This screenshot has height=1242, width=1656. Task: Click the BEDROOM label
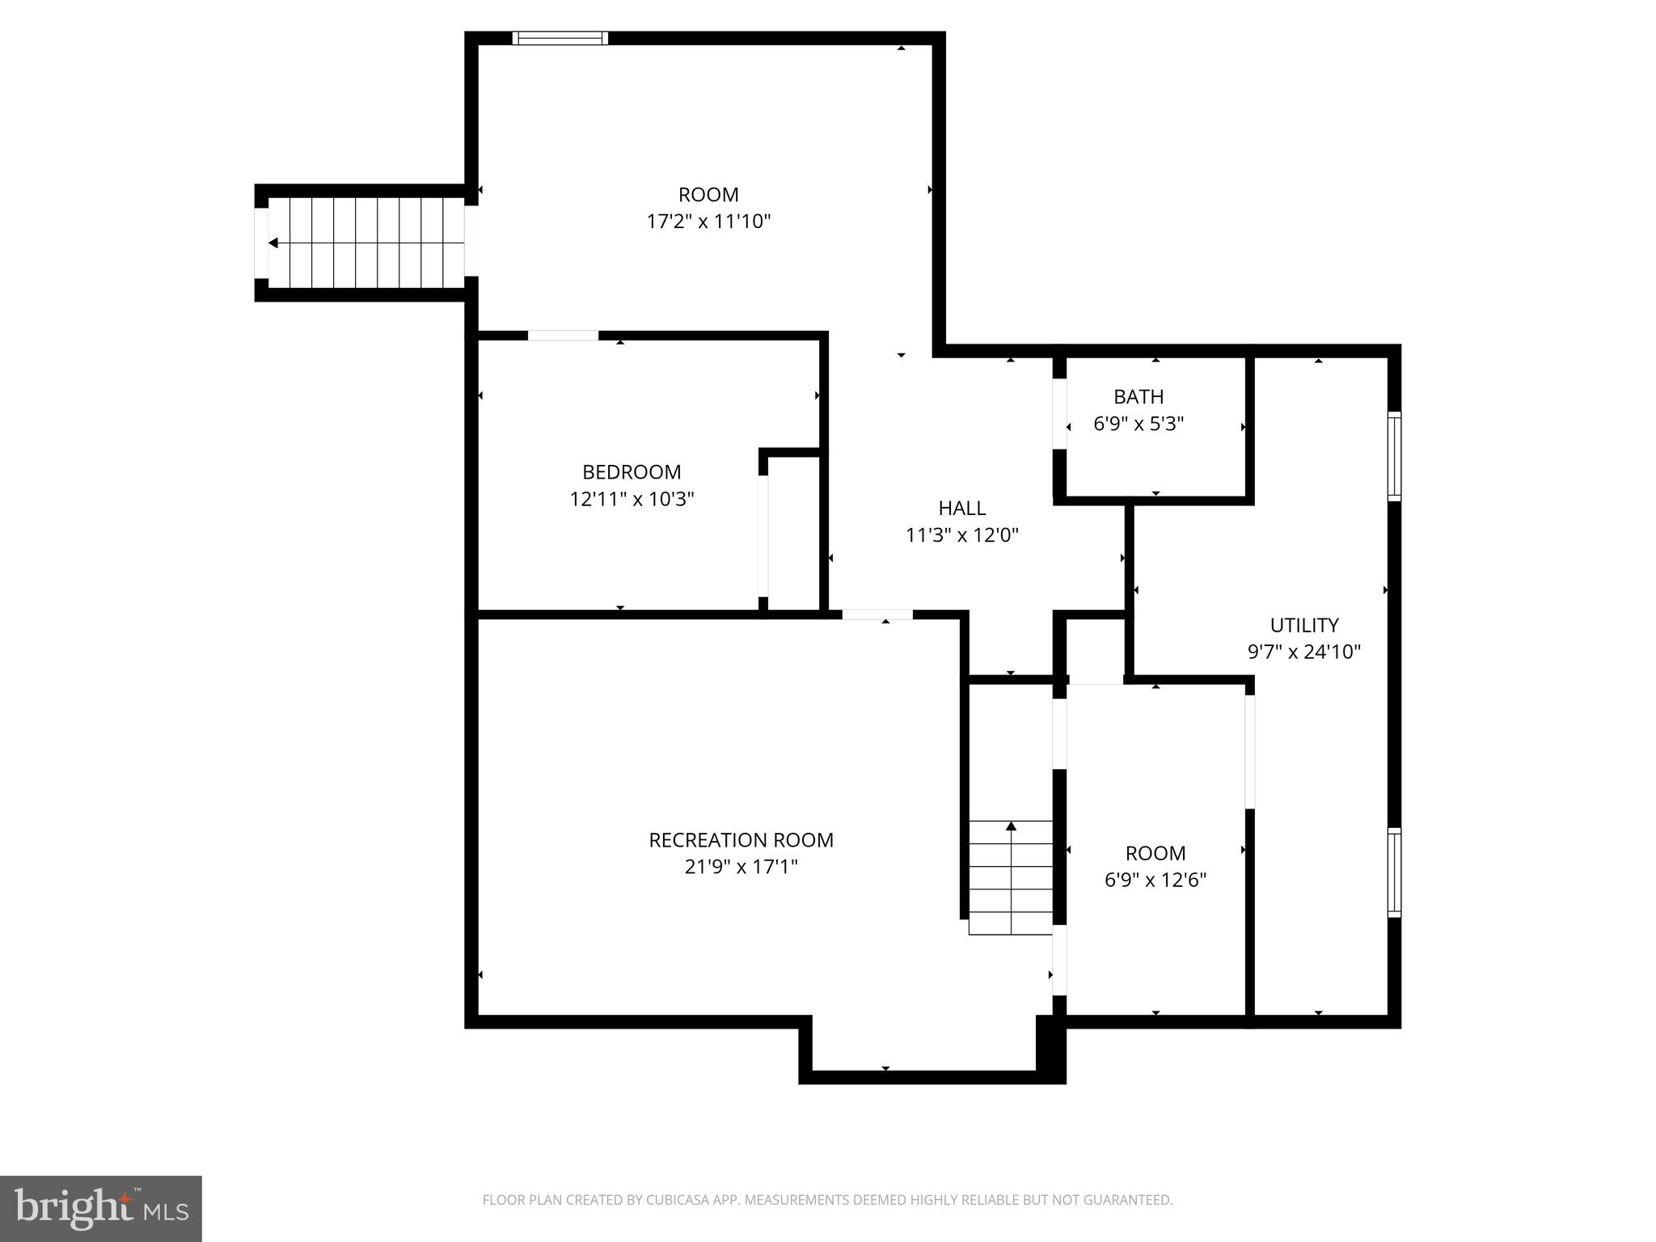pyautogui.click(x=632, y=472)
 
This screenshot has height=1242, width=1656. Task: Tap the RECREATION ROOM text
pyautogui.click(x=741, y=840)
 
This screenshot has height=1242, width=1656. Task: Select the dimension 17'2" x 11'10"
pyautogui.click(x=708, y=222)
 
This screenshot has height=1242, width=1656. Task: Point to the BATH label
pyautogui.click(x=1138, y=397)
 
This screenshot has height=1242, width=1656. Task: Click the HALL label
pyautogui.click(x=961, y=509)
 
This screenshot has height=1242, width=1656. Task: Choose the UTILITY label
pyautogui.click(x=1303, y=625)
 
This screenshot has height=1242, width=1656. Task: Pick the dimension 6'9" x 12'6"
pyautogui.click(x=1155, y=880)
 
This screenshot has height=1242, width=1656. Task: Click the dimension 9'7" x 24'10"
pyautogui.click(x=1303, y=652)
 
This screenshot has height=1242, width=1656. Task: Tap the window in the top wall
pyautogui.click(x=560, y=38)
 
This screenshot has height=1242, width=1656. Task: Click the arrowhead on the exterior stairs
pyautogui.click(x=274, y=243)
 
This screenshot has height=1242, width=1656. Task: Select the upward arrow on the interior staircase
pyautogui.click(x=1011, y=826)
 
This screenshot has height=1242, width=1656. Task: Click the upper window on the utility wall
pyautogui.click(x=1394, y=456)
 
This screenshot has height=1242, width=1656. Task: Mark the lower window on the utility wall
pyautogui.click(x=1394, y=872)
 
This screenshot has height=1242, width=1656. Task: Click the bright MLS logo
pyautogui.click(x=100, y=1208)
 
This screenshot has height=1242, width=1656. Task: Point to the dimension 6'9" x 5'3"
pyautogui.click(x=1138, y=424)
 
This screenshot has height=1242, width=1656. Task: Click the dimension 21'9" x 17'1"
pyautogui.click(x=741, y=867)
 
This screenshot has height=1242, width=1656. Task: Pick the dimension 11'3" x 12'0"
pyautogui.click(x=961, y=535)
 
